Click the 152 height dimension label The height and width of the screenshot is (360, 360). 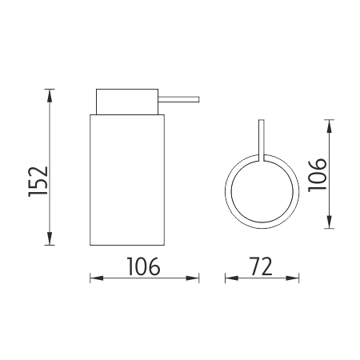pyautogui.click(x=38, y=182)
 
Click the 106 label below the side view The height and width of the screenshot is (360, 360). pyautogui.click(x=144, y=266)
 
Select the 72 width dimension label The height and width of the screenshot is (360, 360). pyautogui.click(x=262, y=266)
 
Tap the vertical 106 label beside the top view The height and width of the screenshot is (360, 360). pyautogui.click(x=318, y=175)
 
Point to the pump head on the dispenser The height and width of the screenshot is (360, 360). pyautogui.click(x=127, y=102)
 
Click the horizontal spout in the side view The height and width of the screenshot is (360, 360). pyautogui.click(x=178, y=99)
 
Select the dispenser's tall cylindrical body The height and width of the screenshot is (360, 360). pyautogui.click(x=127, y=180)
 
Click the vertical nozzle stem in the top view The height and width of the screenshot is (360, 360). pyautogui.click(x=262, y=141)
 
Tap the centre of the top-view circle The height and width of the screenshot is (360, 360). pyautogui.click(x=262, y=191)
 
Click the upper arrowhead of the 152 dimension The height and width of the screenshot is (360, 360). pyautogui.click(x=50, y=95)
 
